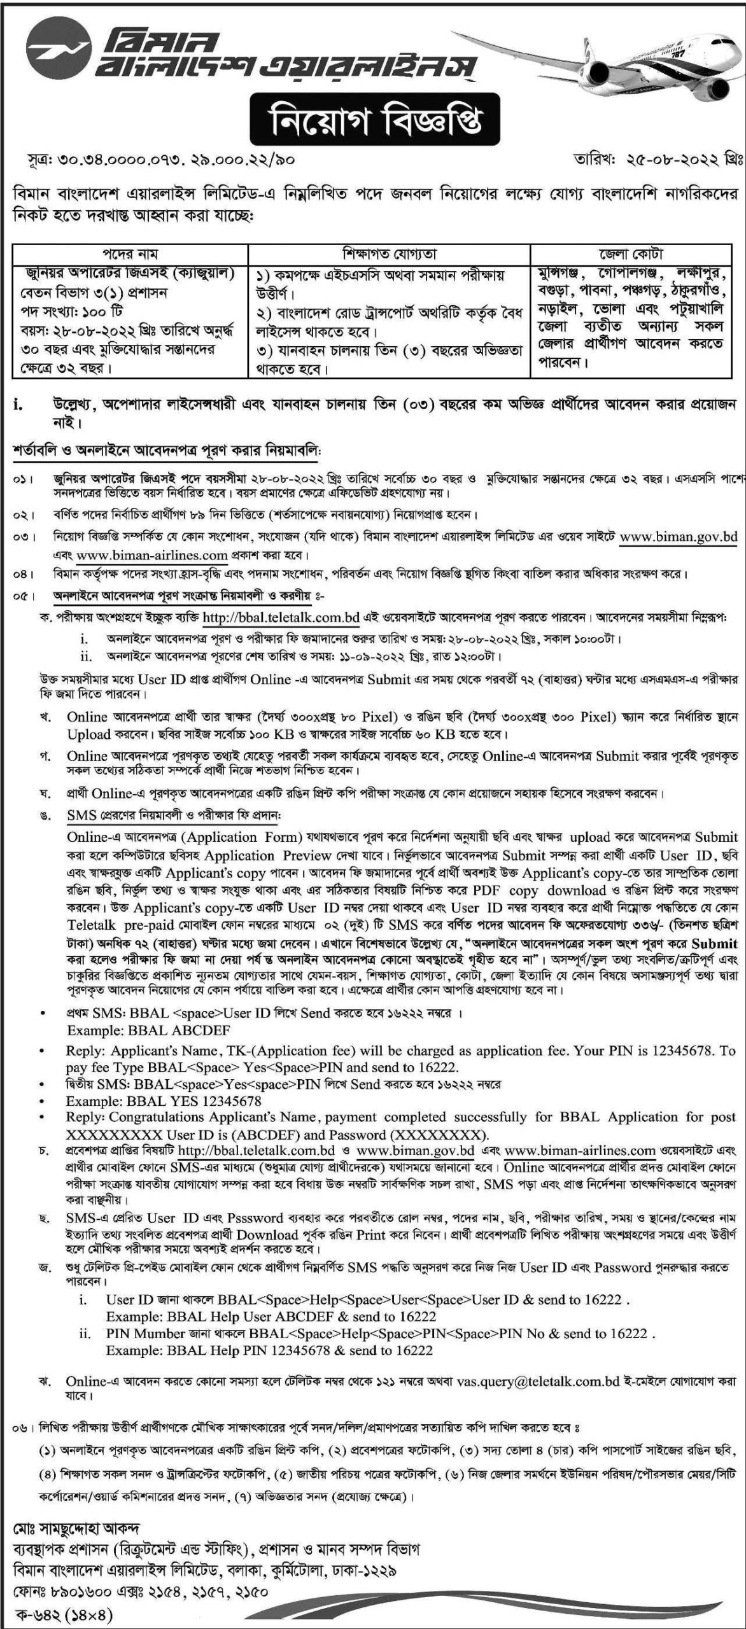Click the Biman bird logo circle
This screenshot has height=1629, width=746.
48,48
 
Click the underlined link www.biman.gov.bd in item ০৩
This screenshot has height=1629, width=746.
678,536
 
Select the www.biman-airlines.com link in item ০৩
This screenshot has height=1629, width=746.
152,555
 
